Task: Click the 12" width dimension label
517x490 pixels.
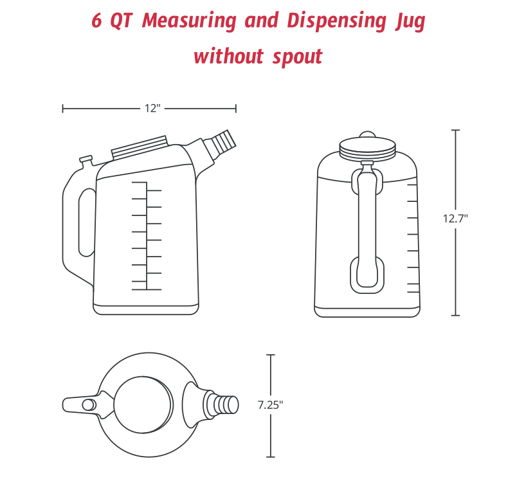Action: (x=152, y=109)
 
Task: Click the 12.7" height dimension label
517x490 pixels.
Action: (x=455, y=218)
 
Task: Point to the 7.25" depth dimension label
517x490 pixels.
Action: (x=270, y=405)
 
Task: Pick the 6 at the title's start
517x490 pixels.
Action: (x=97, y=21)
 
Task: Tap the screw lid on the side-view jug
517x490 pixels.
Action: (x=140, y=148)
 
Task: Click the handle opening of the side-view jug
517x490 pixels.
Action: (x=86, y=222)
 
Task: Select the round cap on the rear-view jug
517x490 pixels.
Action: (x=367, y=149)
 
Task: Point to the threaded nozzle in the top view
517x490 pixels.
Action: (x=222, y=405)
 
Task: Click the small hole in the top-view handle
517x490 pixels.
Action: (x=88, y=404)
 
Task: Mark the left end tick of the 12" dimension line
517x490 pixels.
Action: (x=62, y=109)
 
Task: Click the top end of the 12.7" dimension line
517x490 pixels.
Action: (x=455, y=131)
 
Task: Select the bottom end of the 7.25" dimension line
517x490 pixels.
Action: (x=270, y=457)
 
